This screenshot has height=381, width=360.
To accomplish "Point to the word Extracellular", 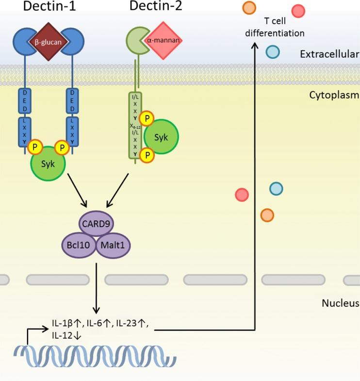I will tap(328, 54).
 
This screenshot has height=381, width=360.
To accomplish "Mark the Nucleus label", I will tap(340, 303).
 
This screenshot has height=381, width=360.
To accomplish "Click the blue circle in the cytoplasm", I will tap(276, 189).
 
